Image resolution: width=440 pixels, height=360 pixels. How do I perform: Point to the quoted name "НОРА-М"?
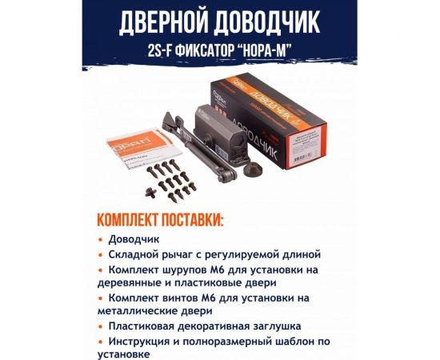pyautogui.click(x=268, y=49)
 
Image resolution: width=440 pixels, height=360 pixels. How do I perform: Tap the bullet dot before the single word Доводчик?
pyautogui.click(x=100, y=239)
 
